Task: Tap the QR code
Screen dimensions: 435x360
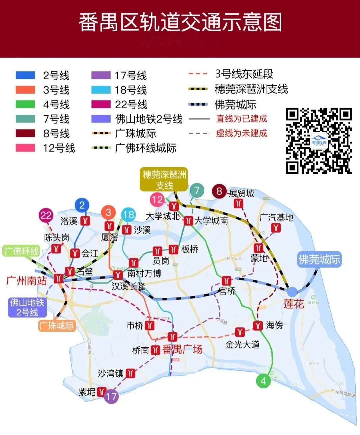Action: coord(319,141)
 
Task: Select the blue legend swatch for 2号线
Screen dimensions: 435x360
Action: coord(25,75)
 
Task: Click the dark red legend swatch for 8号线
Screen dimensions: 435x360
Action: coord(25,133)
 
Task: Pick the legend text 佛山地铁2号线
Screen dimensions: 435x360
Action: coord(149,119)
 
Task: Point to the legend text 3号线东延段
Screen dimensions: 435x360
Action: coord(244,74)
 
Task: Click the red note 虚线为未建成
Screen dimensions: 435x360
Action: coord(241,133)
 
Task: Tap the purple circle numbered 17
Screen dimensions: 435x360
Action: coord(111,396)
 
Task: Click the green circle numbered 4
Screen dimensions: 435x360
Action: coord(263,381)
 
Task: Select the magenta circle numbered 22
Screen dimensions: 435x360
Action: coord(46,216)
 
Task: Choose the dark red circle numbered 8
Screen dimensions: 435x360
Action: coord(219,191)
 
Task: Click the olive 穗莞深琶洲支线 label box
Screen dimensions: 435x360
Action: coord(164,180)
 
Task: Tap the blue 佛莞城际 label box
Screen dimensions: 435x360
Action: coord(319,259)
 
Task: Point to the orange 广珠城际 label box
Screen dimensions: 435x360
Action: coord(57,325)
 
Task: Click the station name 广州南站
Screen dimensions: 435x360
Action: coord(27,281)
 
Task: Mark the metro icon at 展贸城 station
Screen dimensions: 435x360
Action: coord(238,204)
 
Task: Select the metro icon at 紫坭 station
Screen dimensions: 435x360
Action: coord(101,392)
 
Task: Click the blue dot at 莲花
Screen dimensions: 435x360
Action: coord(292,291)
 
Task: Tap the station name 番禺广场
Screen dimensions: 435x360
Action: coord(182,349)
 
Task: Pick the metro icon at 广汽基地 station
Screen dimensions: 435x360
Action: coord(276,228)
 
